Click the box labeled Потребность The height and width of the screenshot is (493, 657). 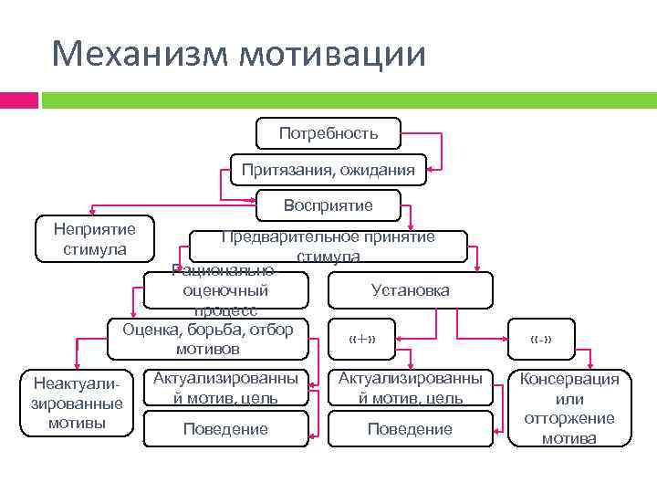point(328,134)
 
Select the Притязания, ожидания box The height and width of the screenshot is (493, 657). point(328,169)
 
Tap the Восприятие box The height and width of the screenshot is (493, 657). point(328,205)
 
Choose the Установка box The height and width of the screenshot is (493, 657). point(411,290)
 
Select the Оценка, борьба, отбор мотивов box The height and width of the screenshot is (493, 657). point(208,338)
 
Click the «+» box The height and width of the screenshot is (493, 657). point(362,341)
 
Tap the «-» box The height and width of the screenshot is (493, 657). point(541,341)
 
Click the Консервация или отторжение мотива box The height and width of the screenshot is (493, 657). point(569,408)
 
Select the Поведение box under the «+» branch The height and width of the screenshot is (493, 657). point(410,428)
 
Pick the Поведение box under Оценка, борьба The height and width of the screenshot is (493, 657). point(225,428)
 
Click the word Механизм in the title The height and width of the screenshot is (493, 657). point(140,53)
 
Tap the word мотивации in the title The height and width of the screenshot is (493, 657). point(332,53)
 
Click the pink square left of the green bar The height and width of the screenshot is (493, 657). point(18,99)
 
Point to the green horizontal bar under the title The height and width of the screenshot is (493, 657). point(347,99)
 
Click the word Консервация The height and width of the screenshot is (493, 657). point(569,379)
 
